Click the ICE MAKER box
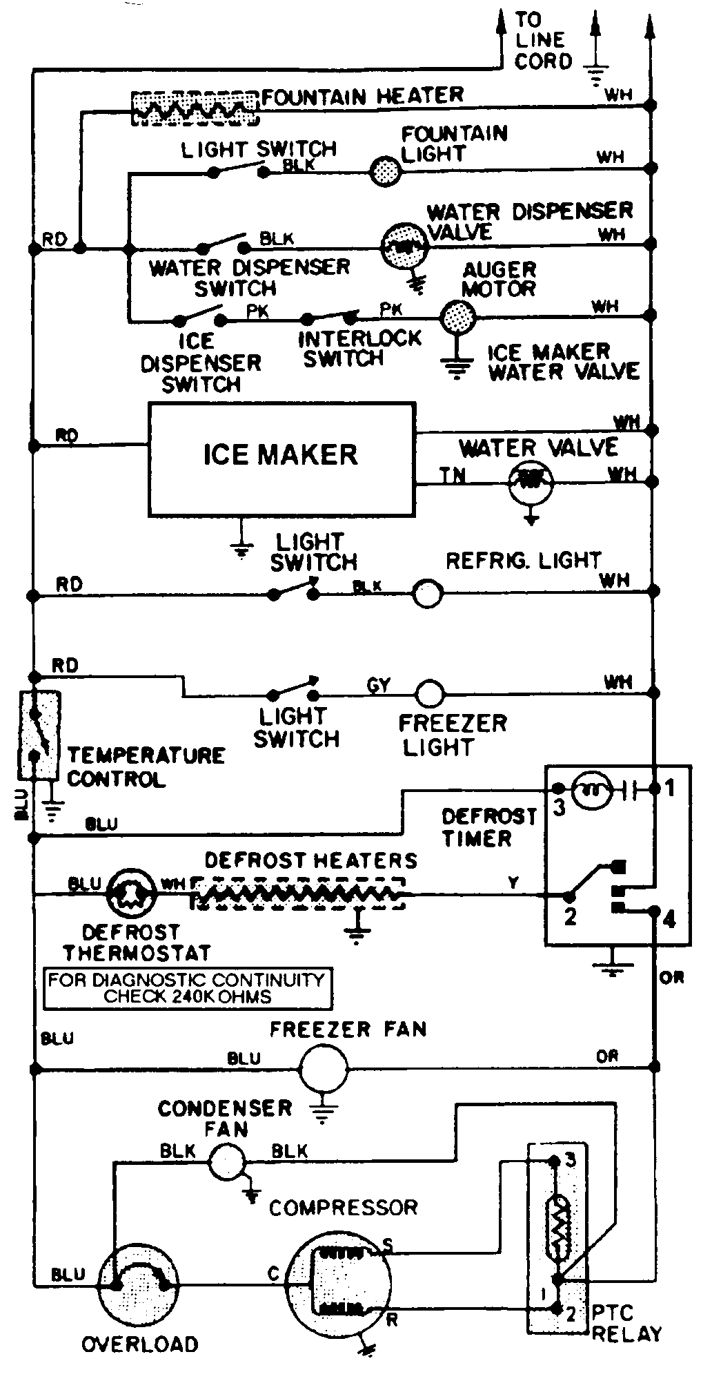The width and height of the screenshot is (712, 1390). pyautogui.click(x=281, y=459)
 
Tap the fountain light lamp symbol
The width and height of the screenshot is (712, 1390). pyautogui.click(x=385, y=170)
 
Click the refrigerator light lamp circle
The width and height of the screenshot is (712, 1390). pyautogui.click(x=428, y=593)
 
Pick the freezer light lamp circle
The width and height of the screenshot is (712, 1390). pyautogui.click(x=430, y=693)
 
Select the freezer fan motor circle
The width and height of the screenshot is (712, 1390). pyautogui.click(x=323, y=1068)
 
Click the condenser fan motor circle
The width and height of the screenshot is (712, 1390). pyautogui.click(x=227, y=1161)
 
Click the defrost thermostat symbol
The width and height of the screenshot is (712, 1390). pyautogui.click(x=132, y=896)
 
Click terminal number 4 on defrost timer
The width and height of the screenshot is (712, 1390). pyautogui.click(x=669, y=920)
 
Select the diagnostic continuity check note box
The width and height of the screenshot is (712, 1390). pyautogui.click(x=187, y=988)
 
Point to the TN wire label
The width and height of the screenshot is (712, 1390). pyautogui.click(x=453, y=474)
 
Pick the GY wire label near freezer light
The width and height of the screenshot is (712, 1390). pyautogui.click(x=378, y=685)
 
